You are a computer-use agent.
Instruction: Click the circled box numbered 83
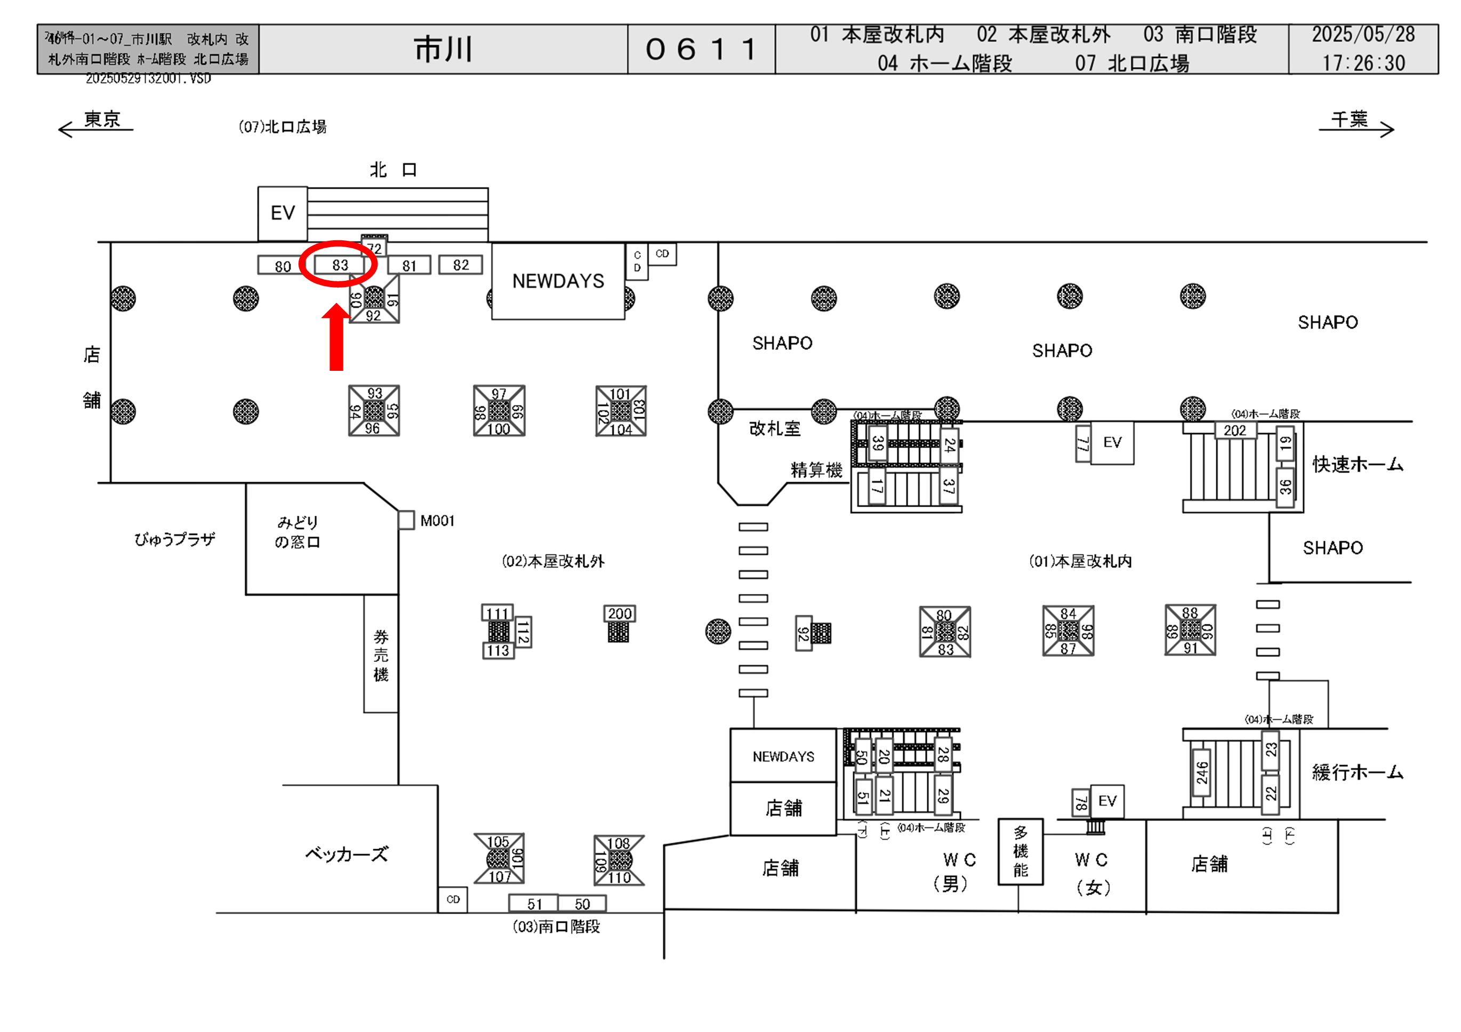tap(340, 264)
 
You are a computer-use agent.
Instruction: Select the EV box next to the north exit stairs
tap(283, 213)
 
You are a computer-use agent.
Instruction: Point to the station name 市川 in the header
tap(443, 50)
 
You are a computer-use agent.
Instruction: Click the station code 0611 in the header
tap(701, 50)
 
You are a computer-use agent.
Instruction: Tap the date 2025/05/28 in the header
tap(1363, 34)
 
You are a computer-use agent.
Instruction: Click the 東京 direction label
tap(102, 119)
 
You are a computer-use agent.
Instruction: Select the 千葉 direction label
tap(1349, 119)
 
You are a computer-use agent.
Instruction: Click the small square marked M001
tap(406, 520)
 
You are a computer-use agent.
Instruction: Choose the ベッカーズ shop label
tap(346, 854)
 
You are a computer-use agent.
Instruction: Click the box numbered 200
tap(619, 614)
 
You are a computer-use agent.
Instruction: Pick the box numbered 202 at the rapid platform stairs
tap(1234, 430)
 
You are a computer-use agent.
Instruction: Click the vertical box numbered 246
tap(1201, 773)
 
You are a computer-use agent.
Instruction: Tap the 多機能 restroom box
tap(1020, 851)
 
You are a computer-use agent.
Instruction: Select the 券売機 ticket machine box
tap(381, 655)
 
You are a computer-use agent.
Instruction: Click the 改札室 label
tap(774, 428)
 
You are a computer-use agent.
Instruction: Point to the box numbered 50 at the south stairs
tap(582, 904)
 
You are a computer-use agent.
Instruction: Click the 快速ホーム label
tap(1357, 464)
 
